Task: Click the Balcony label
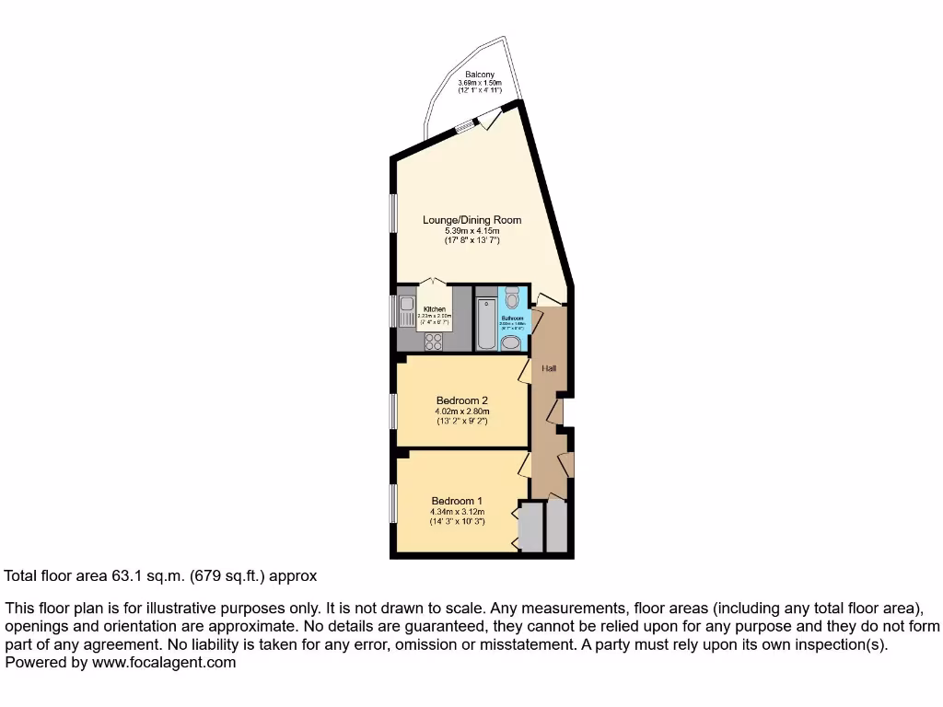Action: (x=480, y=75)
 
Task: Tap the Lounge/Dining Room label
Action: (x=471, y=220)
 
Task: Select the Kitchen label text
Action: (x=435, y=309)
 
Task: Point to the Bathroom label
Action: (x=512, y=319)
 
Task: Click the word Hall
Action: (x=549, y=368)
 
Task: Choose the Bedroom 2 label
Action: (x=461, y=400)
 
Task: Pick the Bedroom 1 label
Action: (x=457, y=501)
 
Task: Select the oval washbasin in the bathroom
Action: (x=511, y=343)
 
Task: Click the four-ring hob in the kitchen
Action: (x=432, y=341)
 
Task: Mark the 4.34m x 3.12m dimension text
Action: (x=457, y=512)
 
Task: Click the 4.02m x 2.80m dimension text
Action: (x=461, y=411)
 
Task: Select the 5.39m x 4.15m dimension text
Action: (x=471, y=231)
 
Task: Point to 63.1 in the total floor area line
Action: (x=123, y=576)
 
